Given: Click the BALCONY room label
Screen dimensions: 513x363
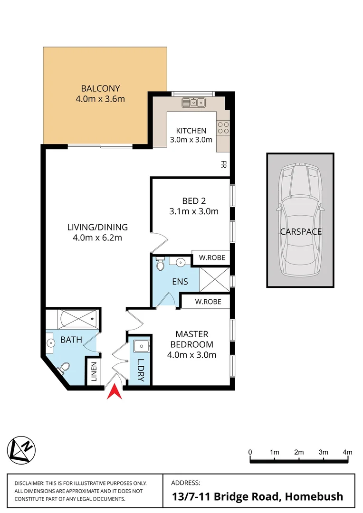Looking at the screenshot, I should (100, 88).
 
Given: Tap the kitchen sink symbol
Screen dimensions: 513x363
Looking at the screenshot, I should (193, 102).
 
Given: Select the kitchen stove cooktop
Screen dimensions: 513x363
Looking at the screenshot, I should (223, 127).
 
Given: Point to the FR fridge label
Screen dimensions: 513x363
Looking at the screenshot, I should (223, 165).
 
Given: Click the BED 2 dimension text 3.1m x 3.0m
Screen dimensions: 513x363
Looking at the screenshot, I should (193, 211).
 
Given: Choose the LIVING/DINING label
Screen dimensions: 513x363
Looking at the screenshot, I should (97, 227).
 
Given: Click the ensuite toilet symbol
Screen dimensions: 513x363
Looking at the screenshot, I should (160, 264).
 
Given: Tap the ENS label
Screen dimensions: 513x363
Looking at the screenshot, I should (180, 282).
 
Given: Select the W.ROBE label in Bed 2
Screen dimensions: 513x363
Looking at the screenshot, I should (211, 258).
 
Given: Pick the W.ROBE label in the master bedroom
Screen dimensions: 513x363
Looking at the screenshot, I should (206, 302).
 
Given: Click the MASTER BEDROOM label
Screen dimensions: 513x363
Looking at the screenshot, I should (191, 340).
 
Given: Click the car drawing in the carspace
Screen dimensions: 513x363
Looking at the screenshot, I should (300, 219).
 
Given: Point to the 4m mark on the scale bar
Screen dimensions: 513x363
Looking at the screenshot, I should (348, 452).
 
